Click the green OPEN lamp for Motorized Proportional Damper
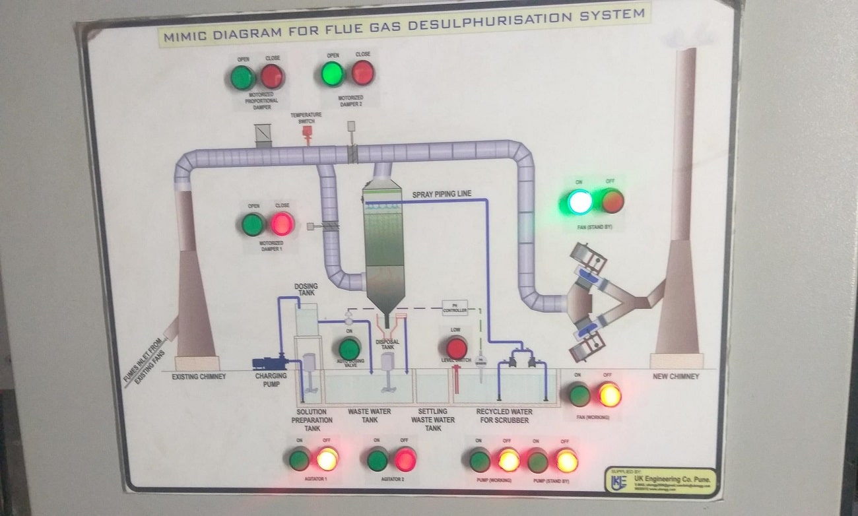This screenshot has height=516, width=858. (242, 77)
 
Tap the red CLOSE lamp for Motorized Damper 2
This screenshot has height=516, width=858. (362, 73)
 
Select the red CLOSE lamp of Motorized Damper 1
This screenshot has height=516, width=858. (282, 224)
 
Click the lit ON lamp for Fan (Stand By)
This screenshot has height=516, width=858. (579, 201)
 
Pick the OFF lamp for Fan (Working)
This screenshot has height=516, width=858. (609, 395)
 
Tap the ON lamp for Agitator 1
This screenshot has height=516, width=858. (299, 459)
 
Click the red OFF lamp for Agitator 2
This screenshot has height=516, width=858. (405, 459)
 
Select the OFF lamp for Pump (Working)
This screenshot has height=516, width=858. (508, 460)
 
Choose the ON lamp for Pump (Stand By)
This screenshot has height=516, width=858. (537, 461)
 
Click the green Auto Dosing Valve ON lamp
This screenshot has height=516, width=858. (349, 348)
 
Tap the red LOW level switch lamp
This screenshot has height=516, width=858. (456, 348)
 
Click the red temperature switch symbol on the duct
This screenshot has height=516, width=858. (306, 131)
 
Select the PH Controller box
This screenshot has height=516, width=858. (455, 308)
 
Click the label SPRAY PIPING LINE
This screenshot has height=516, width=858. (442, 194)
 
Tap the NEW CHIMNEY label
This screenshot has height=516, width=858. (675, 377)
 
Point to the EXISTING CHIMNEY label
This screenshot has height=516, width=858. (199, 377)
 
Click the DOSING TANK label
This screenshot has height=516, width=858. (306, 289)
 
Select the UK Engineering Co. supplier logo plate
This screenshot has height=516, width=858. (660, 481)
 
